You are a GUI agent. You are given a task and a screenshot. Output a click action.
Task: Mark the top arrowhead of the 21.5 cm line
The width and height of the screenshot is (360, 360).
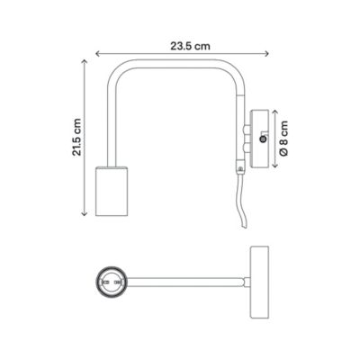(85, 63)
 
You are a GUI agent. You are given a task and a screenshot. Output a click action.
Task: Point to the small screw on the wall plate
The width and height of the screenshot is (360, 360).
(262, 139)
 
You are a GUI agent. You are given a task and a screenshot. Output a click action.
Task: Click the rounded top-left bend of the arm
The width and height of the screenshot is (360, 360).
(115, 72)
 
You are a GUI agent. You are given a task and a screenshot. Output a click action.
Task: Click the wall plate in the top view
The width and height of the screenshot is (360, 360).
(259, 283)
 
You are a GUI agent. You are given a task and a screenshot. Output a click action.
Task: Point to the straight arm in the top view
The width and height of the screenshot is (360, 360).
(184, 283)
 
